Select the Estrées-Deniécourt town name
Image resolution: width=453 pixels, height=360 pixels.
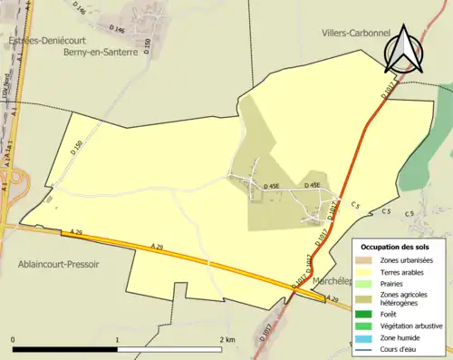[42, 42]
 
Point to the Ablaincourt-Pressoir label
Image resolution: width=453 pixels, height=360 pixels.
[54, 264]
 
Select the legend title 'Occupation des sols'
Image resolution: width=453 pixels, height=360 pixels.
[395, 247]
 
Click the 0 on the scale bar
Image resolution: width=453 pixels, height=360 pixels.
[14, 339]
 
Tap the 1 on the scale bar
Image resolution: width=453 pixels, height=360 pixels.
[117, 339]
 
